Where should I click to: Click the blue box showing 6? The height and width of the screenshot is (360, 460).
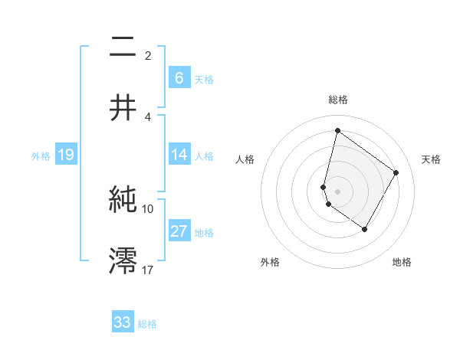tap(179, 77)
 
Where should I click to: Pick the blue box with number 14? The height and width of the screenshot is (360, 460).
tap(179, 155)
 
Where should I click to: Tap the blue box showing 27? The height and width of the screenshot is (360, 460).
tap(179, 231)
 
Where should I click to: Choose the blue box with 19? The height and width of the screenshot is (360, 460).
tap(65, 155)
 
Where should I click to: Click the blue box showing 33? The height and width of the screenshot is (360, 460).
tap(123, 322)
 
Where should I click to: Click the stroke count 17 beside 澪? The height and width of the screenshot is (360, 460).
tap(148, 270)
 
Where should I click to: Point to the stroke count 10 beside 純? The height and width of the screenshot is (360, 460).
tap(148, 208)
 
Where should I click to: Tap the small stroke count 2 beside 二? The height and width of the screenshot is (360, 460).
tap(148, 55)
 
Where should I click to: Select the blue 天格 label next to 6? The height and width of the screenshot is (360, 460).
tap(204, 79)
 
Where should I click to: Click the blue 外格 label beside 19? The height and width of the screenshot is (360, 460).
tap(41, 156)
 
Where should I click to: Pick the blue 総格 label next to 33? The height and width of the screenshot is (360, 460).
tap(147, 324)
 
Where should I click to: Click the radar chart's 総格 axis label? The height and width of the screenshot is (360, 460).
tap(338, 100)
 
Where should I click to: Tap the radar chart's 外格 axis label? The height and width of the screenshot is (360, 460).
tap(270, 262)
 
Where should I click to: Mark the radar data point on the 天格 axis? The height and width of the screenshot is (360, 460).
tap(396, 172)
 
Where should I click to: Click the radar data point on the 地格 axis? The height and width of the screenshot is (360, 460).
tap(364, 229)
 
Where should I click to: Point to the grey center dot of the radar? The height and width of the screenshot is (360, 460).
tap(337, 190)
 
